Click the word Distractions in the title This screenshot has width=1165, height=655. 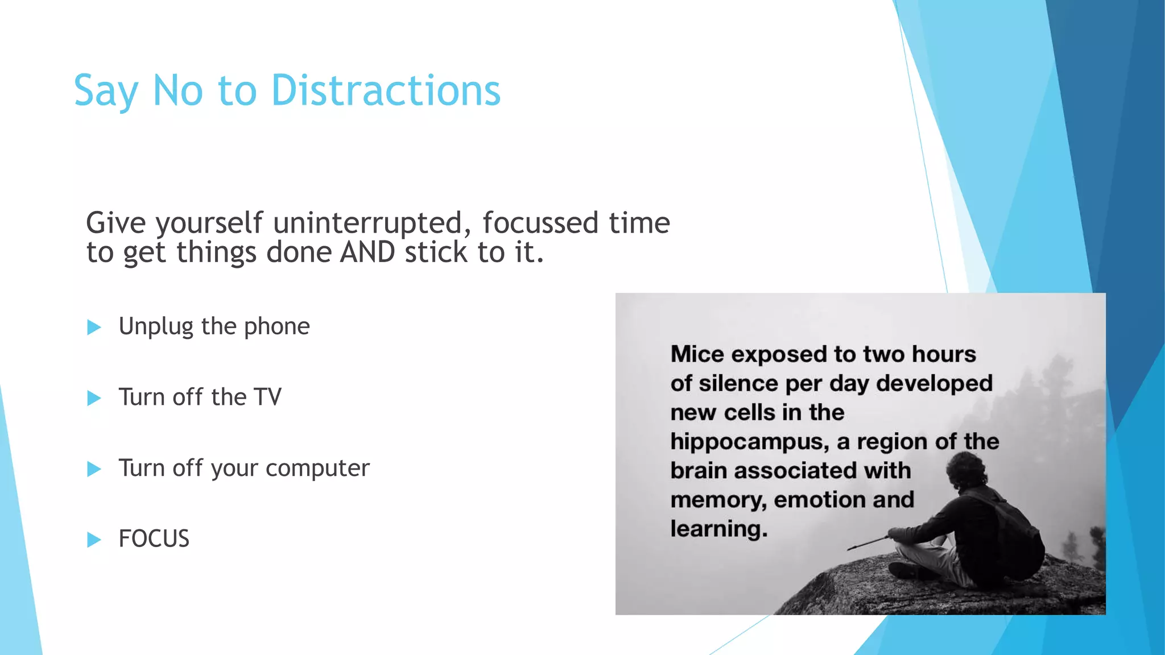click(386, 90)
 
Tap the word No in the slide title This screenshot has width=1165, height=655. click(177, 90)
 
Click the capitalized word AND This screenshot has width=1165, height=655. click(367, 252)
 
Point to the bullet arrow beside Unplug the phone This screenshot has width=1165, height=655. click(94, 327)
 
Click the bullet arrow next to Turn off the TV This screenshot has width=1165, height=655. click(94, 398)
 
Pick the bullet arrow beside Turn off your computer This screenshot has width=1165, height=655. click(94, 469)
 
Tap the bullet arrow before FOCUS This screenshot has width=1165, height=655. click(94, 540)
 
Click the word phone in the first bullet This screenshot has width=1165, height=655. click(277, 327)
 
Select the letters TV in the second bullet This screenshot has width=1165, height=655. click(267, 397)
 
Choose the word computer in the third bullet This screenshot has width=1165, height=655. click(317, 469)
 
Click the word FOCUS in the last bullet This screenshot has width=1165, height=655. click(154, 539)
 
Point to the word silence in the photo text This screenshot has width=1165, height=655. click(738, 384)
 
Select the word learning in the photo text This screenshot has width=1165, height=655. click(718, 529)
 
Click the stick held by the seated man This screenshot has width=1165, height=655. click(867, 542)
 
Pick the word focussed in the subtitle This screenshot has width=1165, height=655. click(540, 223)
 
